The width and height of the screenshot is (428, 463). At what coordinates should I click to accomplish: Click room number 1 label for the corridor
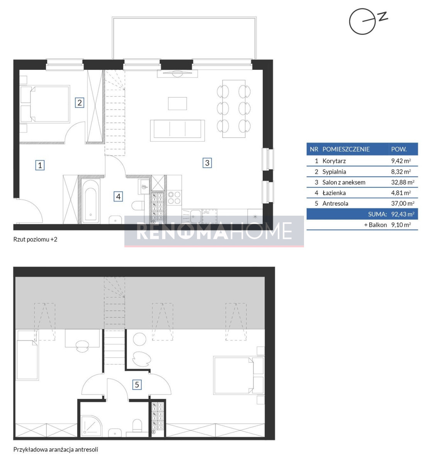(40, 165)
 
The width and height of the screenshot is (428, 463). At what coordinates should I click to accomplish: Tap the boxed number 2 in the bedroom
(80, 103)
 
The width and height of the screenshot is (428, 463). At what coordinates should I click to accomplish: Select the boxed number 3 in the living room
(207, 163)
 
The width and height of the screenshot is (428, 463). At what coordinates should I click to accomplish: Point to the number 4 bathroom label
(118, 196)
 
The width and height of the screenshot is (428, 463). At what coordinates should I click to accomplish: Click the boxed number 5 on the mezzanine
(137, 384)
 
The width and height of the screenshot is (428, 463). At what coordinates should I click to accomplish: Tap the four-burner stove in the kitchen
(174, 198)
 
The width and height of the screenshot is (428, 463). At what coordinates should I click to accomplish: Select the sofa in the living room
(177, 130)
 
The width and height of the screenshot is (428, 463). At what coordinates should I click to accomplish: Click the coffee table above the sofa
(177, 103)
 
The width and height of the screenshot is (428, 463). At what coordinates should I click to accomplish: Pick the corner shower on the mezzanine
(91, 426)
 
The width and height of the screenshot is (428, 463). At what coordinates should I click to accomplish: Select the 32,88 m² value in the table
(403, 182)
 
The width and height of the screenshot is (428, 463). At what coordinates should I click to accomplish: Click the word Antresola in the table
(335, 203)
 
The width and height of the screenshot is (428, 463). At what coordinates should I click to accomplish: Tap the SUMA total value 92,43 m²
(403, 214)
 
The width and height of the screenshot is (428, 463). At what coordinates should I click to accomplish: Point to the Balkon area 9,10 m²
(401, 225)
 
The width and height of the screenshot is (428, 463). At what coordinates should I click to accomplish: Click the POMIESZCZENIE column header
(346, 149)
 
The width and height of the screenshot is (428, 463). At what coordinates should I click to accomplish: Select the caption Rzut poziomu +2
(35, 240)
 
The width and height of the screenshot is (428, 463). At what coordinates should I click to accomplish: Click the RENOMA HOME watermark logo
(214, 231)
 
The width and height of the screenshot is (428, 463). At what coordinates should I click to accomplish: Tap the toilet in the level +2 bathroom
(138, 206)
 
